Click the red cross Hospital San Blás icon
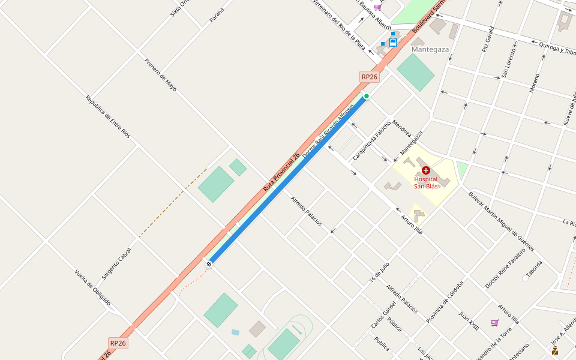[x=426, y=171]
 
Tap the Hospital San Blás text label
[x=426, y=182]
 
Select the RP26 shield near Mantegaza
[x=370, y=77]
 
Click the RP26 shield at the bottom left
[x=118, y=343]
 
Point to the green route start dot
[x=366, y=96]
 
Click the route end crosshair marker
[x=209, y=263]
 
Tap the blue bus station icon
[x=393, y=43]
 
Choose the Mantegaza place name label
[x=430, y=49]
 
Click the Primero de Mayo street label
[x=161, y=74]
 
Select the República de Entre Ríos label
[x=108, y=117]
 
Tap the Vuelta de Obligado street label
[x=92, y=287]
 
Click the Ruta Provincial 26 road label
[x=281, y=172]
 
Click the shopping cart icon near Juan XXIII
[x=494, y=323]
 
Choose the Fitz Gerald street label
[x=488, y=39]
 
